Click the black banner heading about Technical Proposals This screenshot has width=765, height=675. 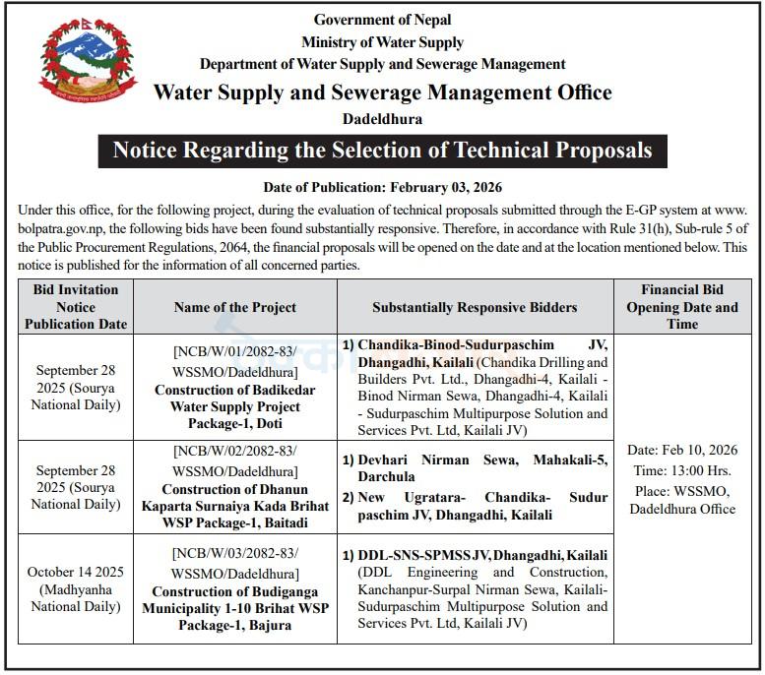pos(382,151)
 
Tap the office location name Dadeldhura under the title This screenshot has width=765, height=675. pos(382,119)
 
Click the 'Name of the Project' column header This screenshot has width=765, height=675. pos(235,307)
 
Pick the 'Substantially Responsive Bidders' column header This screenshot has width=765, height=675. pos(475,307)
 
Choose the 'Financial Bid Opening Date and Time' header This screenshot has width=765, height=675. pos(681,307)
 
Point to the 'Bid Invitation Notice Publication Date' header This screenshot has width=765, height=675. pos(76,307)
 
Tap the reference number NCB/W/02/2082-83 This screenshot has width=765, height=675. pos(235,460)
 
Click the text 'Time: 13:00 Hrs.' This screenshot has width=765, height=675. pos(681,471)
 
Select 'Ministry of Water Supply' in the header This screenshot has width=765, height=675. pos(382,42)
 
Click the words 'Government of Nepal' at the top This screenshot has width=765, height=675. pos(382,20)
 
